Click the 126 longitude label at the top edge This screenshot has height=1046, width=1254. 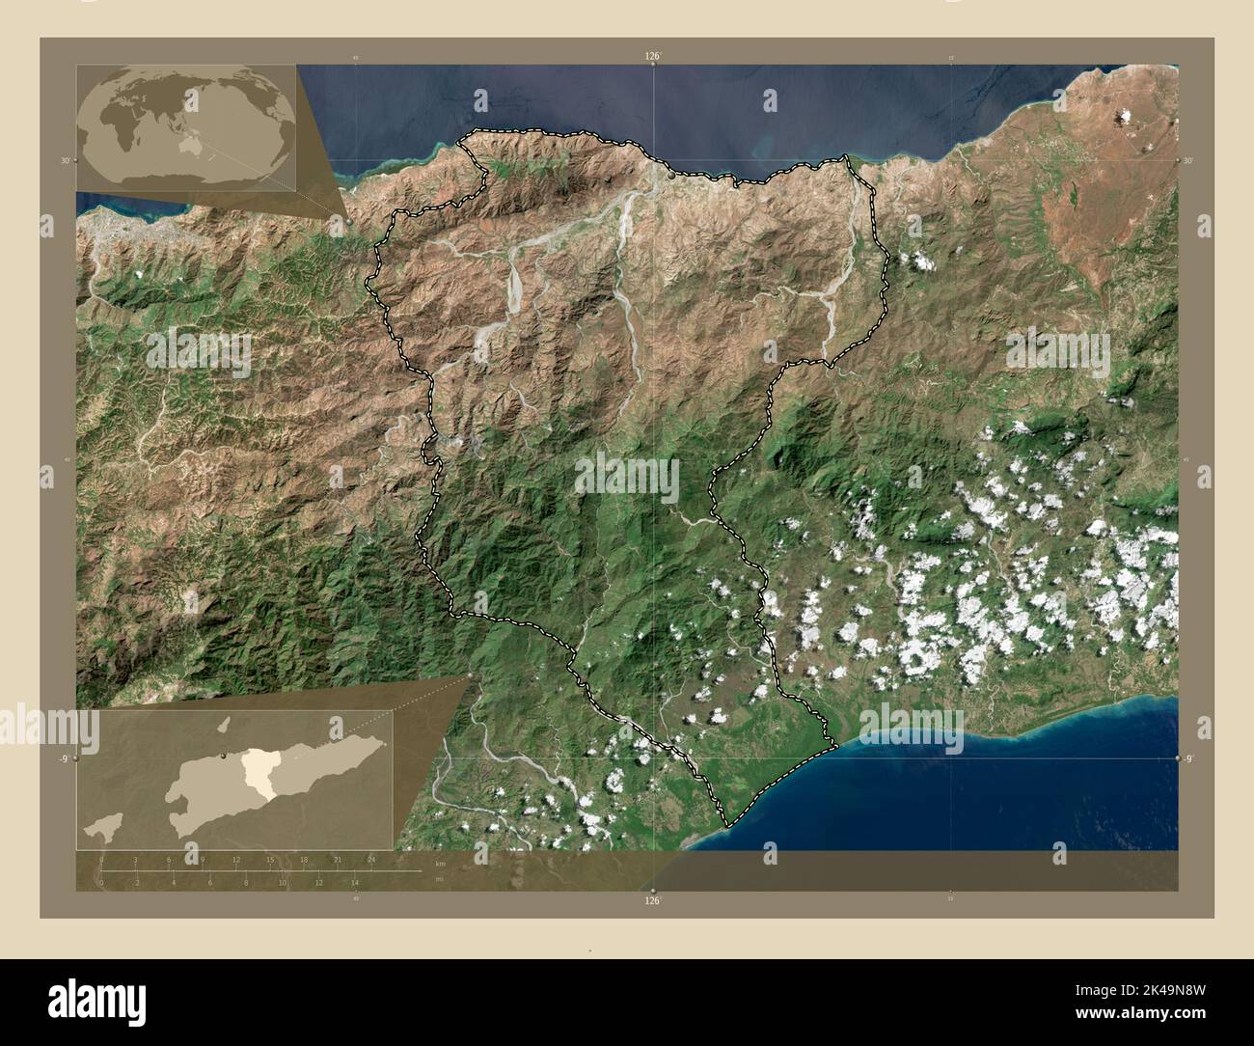654,57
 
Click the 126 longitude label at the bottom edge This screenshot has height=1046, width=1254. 654,900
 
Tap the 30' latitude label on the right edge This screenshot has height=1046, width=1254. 1188,160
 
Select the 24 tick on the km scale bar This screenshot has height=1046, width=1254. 371,859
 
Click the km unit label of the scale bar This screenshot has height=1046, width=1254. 440,862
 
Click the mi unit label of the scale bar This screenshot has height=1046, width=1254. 440,879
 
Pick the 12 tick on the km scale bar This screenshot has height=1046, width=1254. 236,859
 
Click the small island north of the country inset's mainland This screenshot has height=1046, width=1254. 223,724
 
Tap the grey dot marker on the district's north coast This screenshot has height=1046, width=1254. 672,176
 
